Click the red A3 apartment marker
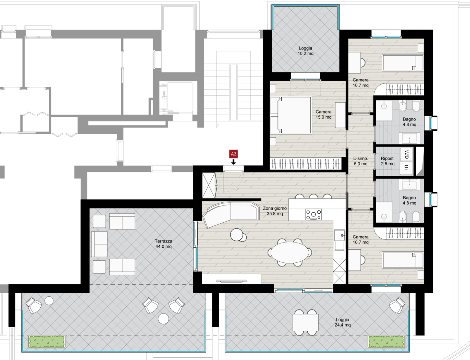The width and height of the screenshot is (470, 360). coord(233,154)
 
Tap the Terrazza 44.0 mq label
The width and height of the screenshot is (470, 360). coord(163,244)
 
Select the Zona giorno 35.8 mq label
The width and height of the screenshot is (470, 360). coord(275,211)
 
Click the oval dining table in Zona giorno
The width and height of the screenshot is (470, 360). coord(290,252)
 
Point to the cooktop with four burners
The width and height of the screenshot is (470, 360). coord(313,214)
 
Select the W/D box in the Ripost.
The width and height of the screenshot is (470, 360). coord(407,155)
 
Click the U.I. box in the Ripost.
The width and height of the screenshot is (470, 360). coord(407,169)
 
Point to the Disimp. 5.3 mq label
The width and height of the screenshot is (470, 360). coord(360,161)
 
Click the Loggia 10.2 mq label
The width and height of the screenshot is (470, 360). coord(305,51)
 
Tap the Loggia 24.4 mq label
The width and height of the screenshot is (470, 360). coord(342,322)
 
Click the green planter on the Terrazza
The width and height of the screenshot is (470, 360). coord(47,342)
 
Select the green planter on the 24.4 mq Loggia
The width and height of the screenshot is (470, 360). coord(386,342)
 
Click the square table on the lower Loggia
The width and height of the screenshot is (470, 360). coord(306,322)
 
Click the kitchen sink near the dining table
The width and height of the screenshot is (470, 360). coord(340,240)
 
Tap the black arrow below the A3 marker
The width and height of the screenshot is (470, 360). coord(233,161)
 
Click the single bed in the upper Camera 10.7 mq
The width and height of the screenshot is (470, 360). coord(403,63)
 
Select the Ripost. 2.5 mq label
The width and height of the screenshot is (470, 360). coord(388,161)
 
